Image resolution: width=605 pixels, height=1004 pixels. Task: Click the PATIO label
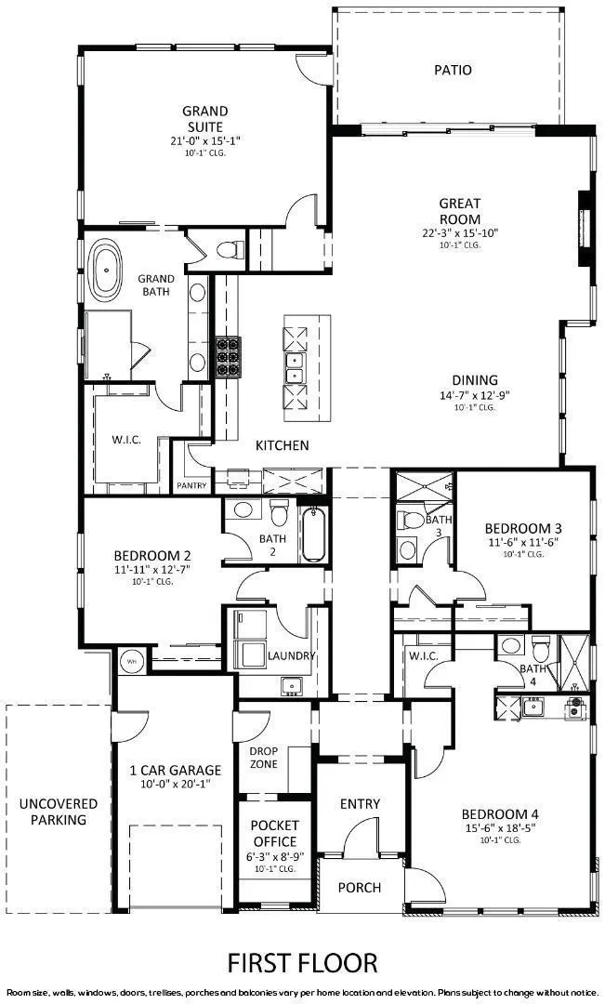(453, 70)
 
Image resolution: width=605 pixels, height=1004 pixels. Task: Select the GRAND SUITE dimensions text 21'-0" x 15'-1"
(204, 140)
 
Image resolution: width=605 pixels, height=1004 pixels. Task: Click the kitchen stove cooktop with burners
(228, 356)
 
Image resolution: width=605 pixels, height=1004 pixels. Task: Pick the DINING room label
(476, 379)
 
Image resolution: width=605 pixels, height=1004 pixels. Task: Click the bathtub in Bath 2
(313, 533)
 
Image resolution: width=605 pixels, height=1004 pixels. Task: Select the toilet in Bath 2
(279, 512)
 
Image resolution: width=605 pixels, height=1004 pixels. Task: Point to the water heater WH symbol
(131, 661)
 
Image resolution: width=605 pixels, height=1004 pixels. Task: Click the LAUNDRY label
(293, 656)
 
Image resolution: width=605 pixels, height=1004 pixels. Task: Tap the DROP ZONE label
(264, 758)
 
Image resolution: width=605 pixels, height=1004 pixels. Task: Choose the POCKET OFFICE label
(274, 833)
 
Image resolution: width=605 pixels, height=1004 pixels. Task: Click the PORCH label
(359, 887)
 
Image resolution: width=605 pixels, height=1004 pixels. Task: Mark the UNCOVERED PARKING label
(58, 812)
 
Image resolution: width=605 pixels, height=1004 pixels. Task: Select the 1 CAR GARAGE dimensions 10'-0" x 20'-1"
(175, 784)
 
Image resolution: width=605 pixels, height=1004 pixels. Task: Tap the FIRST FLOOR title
(302, 961)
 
